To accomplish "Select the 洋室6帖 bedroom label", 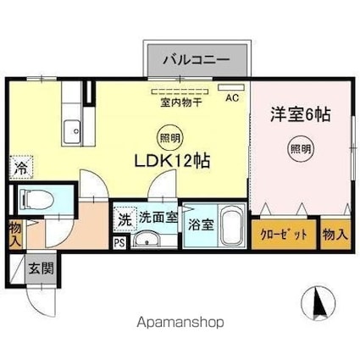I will [x=301, y=114].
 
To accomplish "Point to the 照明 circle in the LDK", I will [x=170, y=136].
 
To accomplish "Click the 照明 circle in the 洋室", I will [x=300, y=146].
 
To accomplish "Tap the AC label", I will [x=231, y=97].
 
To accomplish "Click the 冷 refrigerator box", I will [x=19, y=168].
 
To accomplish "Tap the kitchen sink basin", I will [x=71, y=131].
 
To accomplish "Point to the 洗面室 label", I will [x=158, y=217].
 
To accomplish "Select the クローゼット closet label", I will [x=283, y=235].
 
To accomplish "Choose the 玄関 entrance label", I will [x=39, y=269].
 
